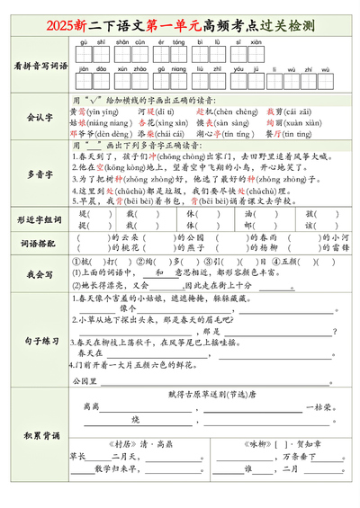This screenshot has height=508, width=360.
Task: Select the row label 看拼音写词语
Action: tap(40, 66)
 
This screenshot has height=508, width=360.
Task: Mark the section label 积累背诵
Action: tap(40, 436)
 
